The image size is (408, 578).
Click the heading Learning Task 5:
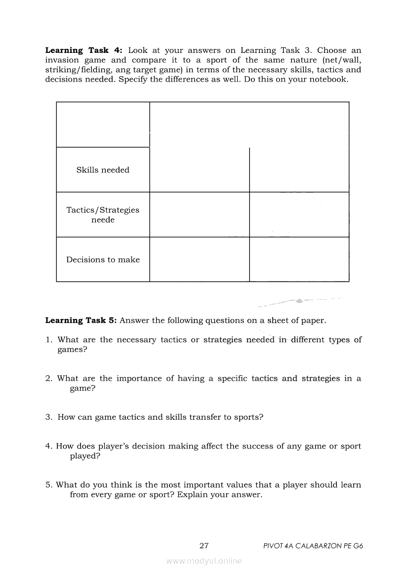81,320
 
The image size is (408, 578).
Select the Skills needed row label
103,170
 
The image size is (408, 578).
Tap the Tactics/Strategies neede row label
103,215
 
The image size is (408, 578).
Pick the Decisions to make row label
103,260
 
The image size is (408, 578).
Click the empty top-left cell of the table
103,125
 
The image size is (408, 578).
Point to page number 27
204,546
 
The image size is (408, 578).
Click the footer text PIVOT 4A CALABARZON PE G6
314,546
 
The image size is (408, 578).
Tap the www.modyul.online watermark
204,561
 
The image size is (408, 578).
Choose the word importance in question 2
139,379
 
